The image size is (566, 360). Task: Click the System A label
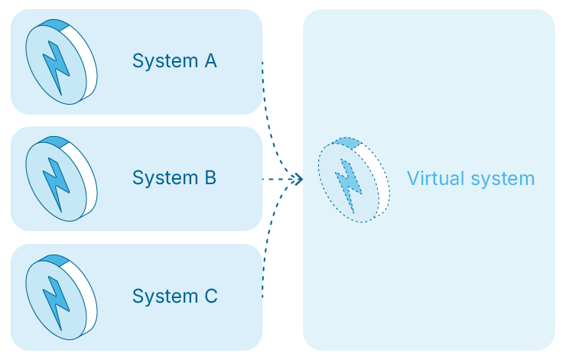point(174,60)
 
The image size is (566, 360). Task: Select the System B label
point(174,178)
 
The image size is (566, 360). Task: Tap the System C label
point(174,296)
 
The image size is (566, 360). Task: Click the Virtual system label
point(470,179)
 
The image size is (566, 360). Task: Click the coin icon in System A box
point(61,62)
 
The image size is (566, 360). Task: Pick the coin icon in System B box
point(61,179)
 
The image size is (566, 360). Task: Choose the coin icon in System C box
point(61,297)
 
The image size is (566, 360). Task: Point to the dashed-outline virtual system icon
point(353,180)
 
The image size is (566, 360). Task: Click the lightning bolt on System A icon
point(55,65)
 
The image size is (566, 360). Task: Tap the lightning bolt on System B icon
point(55,182)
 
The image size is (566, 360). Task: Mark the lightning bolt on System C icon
point(55,300)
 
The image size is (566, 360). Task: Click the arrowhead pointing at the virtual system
point(298,179)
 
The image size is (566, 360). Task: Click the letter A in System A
point(210,60)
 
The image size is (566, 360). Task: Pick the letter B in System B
point(210,178)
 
